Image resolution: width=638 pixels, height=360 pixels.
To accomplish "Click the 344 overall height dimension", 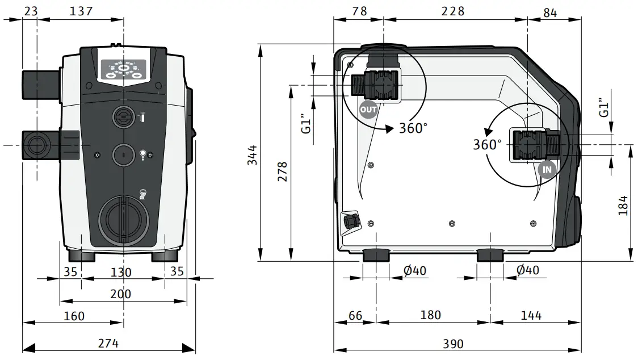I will coord(252,155).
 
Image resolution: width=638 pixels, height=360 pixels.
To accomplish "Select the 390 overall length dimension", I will coord(452,344).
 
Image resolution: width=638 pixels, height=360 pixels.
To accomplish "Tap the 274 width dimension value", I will coord(108,343).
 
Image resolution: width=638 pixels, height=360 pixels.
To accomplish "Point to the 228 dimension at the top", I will coord(453,11).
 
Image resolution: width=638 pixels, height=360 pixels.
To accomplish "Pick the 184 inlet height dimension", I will coord(623,205).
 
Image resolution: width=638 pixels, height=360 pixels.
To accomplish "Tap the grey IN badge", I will coord(546,169).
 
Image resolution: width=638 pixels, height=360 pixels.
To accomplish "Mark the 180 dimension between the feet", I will coord(430,315).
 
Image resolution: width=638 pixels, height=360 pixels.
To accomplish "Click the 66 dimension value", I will coord(355,315).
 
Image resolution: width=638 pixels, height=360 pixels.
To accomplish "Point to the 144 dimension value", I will coord(530,315).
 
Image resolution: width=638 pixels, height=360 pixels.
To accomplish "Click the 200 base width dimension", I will coord(120,294).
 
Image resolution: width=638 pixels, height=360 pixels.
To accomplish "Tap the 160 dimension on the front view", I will coord(74,315).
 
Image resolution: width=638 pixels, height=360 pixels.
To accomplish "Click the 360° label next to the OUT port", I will coord(413,128).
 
